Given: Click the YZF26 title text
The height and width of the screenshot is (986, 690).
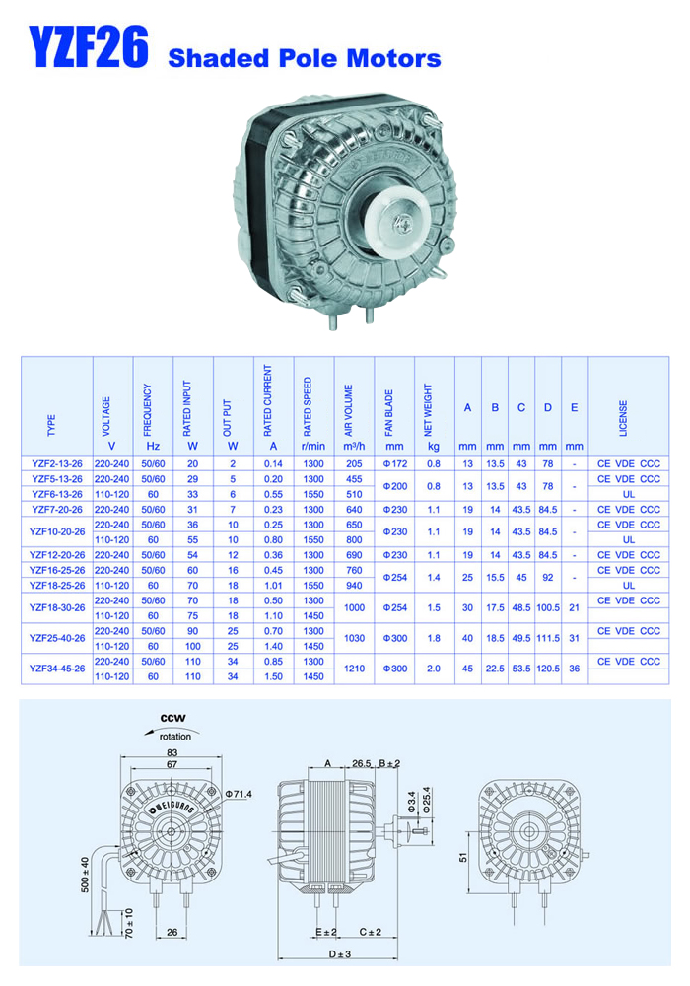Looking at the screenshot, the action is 89,46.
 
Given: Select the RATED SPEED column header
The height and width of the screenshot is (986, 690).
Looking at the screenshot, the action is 308,406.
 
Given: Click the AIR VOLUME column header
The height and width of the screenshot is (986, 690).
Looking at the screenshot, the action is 349,410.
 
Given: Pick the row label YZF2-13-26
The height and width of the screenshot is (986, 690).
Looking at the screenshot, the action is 57,464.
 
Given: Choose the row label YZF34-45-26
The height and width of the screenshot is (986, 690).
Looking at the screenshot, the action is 57,669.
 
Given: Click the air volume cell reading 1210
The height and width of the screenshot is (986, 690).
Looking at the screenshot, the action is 355,669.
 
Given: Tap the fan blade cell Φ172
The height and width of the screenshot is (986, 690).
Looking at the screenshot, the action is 395,464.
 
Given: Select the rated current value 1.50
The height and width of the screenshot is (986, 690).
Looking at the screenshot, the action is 273,676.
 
